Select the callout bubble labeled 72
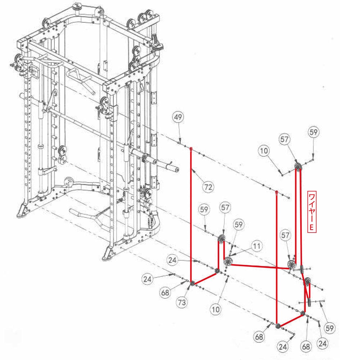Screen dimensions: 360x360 tap(208, 186)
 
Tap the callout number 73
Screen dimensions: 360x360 tap(182, 302)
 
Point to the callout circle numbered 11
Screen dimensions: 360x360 tap(256, 247)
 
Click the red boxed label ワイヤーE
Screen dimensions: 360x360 tap(312, 212)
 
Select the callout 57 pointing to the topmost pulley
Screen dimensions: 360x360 tap(285, 139)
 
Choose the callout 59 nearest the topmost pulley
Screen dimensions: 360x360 tap(313, 132)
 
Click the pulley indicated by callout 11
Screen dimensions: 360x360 tap(228, 261)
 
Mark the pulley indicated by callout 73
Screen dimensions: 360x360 tap(192, 283)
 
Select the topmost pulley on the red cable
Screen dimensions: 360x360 tap(298, 166)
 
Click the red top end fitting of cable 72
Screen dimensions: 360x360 tap(191, 149)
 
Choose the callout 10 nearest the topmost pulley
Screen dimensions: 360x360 tap(264, 151)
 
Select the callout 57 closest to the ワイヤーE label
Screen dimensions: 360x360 tap(285, 236)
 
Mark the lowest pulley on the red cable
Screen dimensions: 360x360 tap(278, 326)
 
